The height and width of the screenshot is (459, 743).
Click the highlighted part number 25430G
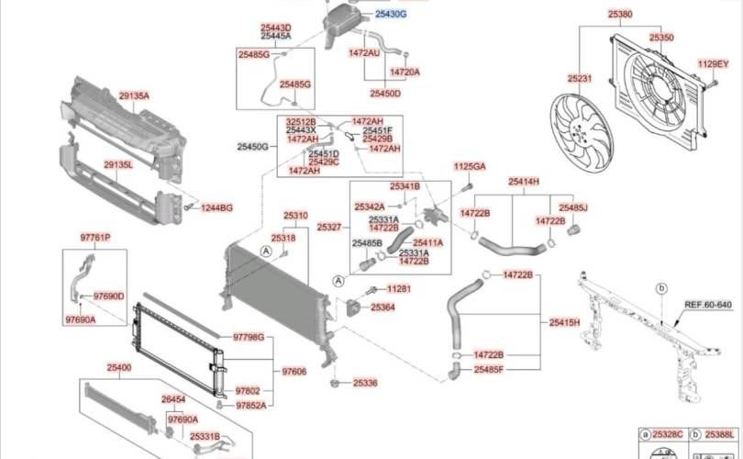pos(390,15)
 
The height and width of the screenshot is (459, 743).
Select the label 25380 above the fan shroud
pos(620,15)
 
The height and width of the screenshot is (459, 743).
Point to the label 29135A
pos(133,95)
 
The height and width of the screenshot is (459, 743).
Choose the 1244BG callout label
pos(217,208)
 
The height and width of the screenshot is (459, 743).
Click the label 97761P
pos(94,238)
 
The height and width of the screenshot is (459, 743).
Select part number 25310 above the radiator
pos(295,216)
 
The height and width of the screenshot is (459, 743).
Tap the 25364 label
pos(383,308)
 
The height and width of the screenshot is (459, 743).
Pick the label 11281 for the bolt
pos(399,288)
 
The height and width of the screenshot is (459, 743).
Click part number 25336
pos(365,382)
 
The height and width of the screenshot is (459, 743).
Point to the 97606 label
pos(294,371)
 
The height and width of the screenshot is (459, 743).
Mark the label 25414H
pos(524,182)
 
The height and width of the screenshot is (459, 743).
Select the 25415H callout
pos(565,322)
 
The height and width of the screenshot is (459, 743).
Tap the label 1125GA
pos(470,166)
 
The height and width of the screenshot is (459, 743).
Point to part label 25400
pos(118,367)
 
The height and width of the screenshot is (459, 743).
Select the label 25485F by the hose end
pos(489,369)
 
